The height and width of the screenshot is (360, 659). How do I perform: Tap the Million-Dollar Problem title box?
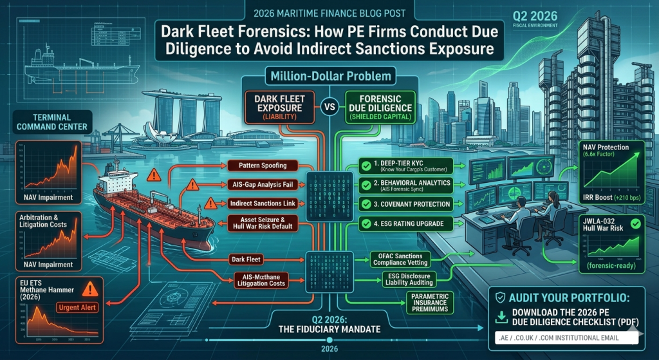pyautogui.click(x=329, y=76)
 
